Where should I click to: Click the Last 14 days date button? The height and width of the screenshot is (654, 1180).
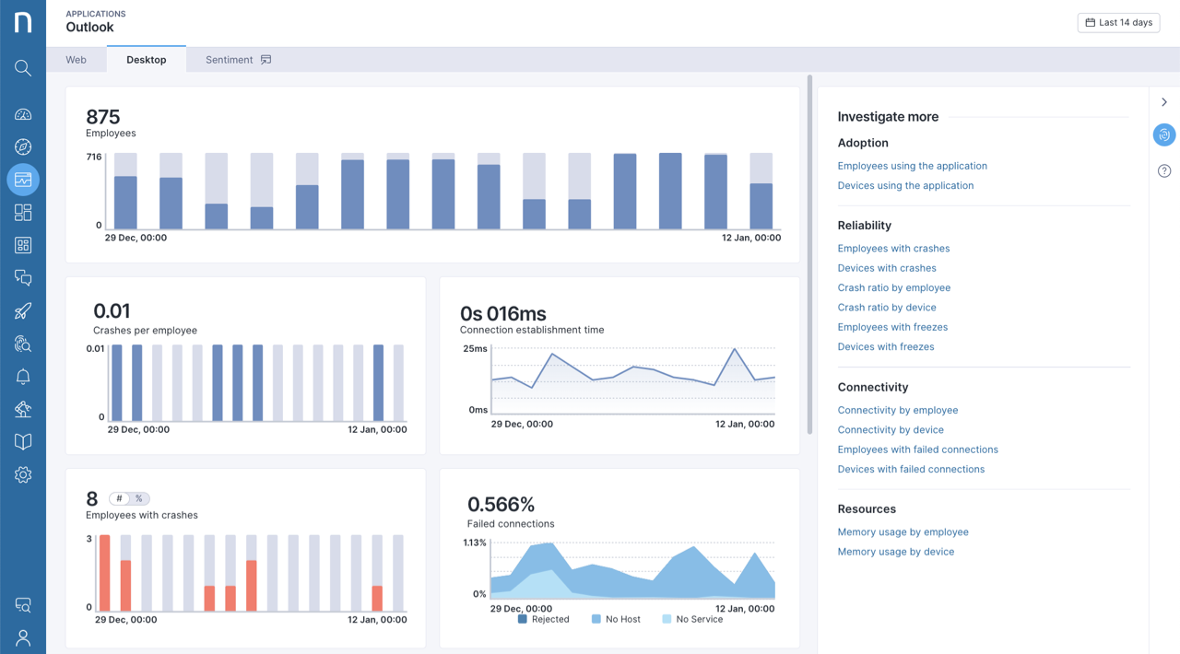point(1118,22)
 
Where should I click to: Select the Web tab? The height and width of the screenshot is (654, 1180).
point(76,60)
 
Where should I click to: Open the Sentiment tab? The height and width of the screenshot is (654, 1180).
point(237,60)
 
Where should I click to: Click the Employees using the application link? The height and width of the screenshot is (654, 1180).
point(912,166)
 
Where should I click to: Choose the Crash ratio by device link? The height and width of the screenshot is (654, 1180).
point(886,308)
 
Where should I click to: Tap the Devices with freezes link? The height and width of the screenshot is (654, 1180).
point(885,347)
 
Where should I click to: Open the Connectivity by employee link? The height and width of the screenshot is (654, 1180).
point(897,411)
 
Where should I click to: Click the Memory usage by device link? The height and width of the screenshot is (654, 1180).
point(895,552)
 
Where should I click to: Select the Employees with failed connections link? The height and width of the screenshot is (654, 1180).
point(917,450)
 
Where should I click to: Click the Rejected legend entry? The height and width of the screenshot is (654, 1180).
point(543,619)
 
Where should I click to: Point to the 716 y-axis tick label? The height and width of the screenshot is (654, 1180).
point(93,158)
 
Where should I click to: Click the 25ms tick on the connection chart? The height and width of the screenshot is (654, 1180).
point(475,349)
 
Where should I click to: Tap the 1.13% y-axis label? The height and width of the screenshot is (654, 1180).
point(474,543)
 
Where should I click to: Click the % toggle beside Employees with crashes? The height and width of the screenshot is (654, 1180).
point(139,498)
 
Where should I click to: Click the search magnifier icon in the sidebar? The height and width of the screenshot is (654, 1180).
point(23,68)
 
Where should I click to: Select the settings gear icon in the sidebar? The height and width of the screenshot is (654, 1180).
point(23,474)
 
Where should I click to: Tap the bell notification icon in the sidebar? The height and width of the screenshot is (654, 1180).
point(23,377)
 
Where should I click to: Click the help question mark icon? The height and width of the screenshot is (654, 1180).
point(1164,171)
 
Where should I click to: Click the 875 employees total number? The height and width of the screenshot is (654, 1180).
point(103,117)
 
